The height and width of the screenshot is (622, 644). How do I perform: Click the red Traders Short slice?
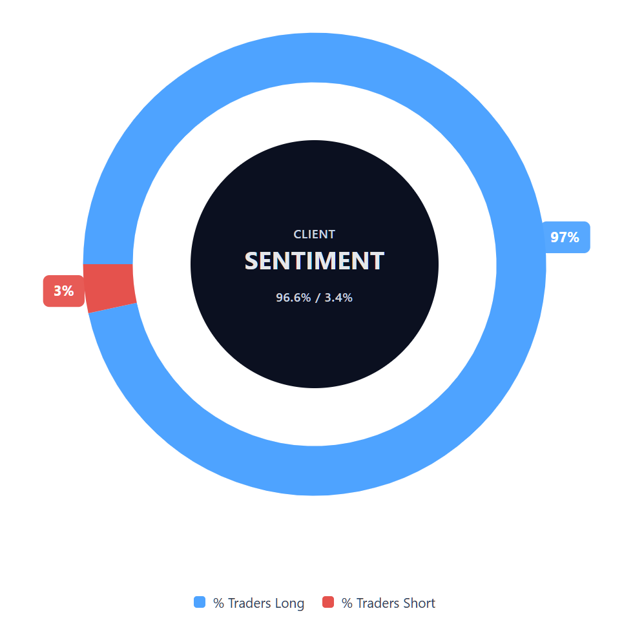point(110,288)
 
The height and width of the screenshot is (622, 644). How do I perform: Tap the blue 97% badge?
point(565,237)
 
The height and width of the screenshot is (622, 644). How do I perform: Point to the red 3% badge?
point(63,291)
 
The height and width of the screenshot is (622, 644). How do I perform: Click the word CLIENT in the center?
point(315,234)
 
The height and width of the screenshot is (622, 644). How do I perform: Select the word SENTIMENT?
point(315,261)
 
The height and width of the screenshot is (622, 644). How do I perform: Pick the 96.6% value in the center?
point(293,298)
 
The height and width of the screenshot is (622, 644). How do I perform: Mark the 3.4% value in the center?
point(338,298)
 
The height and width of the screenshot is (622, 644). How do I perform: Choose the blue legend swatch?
point(200,602)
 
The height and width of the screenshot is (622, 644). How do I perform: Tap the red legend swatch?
point(328,602)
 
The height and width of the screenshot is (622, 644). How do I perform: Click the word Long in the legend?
point(289,603)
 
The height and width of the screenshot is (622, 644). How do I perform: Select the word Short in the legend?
point(419,603)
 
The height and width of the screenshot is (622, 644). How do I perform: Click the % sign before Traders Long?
point(218,603)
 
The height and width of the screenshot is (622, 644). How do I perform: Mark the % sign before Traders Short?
point(347,603)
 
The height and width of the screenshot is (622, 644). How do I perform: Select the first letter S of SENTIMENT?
point(252,261)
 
